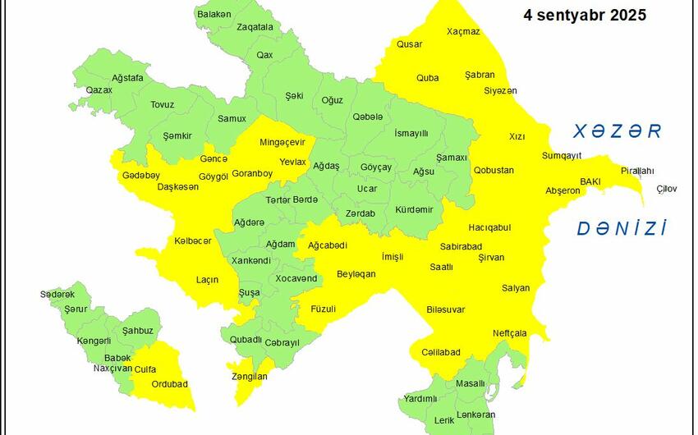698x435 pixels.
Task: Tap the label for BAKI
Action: tap(590, 181)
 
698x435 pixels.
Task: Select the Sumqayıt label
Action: tap(562, 155)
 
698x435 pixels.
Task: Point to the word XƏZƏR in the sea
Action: tap(618, 131)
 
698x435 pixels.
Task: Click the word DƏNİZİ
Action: tap(621, 228)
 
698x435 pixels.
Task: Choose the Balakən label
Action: tap(214, 14)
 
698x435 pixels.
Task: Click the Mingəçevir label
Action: tap(282, 142)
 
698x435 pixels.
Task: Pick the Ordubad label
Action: tap(170, 383)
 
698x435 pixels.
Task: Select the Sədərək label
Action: tap(57, 294)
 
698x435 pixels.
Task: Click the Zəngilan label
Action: tap(249, 376)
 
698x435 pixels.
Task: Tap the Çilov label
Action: tap(667, 189)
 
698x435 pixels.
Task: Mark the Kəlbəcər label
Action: tap(193, 240)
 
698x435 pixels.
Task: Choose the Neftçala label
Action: tap(509, 333)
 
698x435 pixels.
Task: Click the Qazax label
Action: tap(99, 89)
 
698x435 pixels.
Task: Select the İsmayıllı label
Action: tap(411, 133)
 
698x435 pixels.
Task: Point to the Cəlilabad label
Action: tap(441, 352)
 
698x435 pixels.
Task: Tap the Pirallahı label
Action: tap(637, 171)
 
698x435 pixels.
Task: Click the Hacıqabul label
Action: tap(489, 227)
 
